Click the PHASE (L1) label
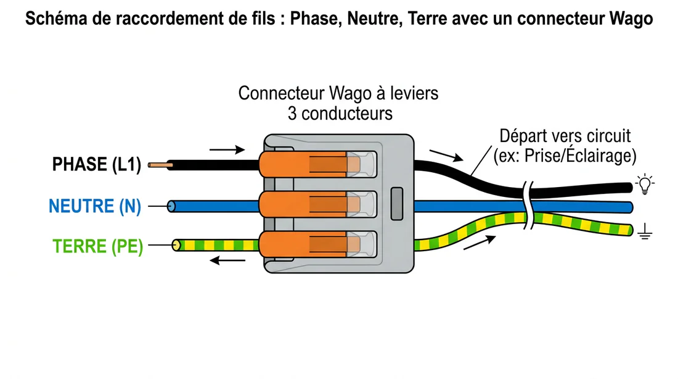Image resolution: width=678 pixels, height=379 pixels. tap(97, 165)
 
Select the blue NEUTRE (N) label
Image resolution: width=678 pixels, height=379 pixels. tap(95, 206)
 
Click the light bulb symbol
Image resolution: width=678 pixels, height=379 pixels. tap(645, 184)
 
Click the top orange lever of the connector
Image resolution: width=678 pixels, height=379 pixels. tap(302, 164)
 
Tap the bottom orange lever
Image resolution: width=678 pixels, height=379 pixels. tap(302, 244)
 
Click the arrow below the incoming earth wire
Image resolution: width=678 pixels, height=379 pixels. tap(223, 260)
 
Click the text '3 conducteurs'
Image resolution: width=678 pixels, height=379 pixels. tap(339, 114)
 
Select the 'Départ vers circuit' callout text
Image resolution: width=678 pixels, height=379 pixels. tap(565, 136)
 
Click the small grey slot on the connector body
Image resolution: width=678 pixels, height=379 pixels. tap(398, 204)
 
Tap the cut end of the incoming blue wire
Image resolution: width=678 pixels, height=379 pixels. tap(171, 206)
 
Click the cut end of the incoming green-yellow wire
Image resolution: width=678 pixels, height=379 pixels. tap(176, 245)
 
